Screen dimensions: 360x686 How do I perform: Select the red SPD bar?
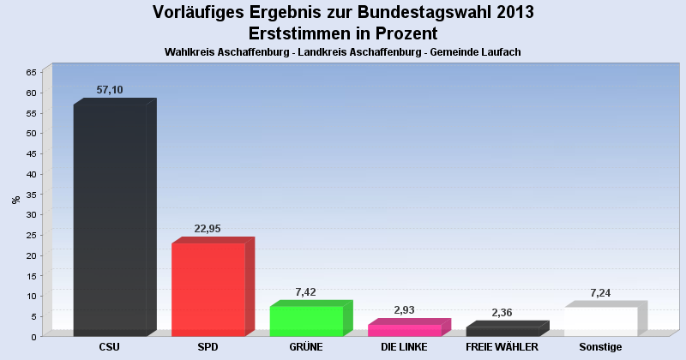208,290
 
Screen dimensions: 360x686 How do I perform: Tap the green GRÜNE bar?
306,321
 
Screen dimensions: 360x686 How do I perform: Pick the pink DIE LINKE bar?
404,330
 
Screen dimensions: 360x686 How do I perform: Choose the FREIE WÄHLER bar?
502,332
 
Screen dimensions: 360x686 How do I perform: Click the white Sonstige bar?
600,321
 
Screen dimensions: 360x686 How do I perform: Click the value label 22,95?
209,228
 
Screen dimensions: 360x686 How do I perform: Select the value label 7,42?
306,292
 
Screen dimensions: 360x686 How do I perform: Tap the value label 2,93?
405,309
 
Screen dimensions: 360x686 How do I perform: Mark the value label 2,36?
502,312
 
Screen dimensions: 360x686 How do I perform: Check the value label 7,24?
601,293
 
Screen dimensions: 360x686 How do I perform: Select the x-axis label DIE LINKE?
404,347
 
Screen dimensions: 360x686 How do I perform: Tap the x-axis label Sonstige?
600,347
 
